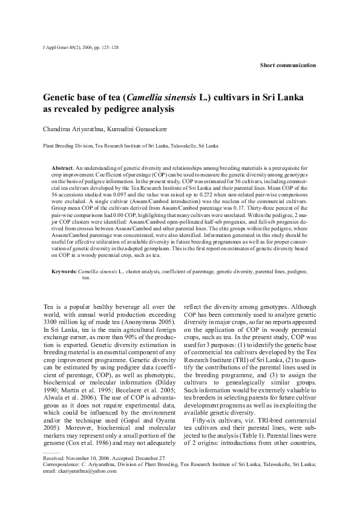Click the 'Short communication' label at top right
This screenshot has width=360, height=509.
click(x=287, y=65)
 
